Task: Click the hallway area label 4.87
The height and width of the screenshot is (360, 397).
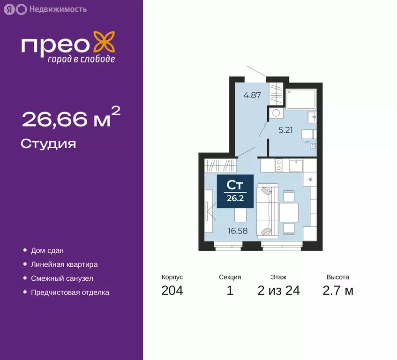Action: point(252,95)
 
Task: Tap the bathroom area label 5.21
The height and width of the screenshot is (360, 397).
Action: point(285,130)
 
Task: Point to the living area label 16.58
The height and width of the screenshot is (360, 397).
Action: point(238,230)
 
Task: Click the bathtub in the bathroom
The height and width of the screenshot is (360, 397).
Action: point(303,98)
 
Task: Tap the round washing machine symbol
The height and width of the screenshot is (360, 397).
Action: point(276,112)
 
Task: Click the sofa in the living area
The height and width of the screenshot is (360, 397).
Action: point(268,210)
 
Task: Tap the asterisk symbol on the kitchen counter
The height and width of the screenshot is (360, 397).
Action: point(311,179)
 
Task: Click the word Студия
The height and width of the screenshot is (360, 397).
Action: point(48,143)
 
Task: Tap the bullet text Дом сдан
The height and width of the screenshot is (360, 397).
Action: point(47,251)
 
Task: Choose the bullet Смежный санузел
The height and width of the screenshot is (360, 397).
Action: point(62,278)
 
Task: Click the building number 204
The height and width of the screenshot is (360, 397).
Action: point(172,291)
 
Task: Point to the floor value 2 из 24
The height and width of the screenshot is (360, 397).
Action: point(278,291)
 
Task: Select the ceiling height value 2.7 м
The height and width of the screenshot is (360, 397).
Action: point(337,291)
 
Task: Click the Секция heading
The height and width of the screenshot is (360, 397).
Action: point(230,277)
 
